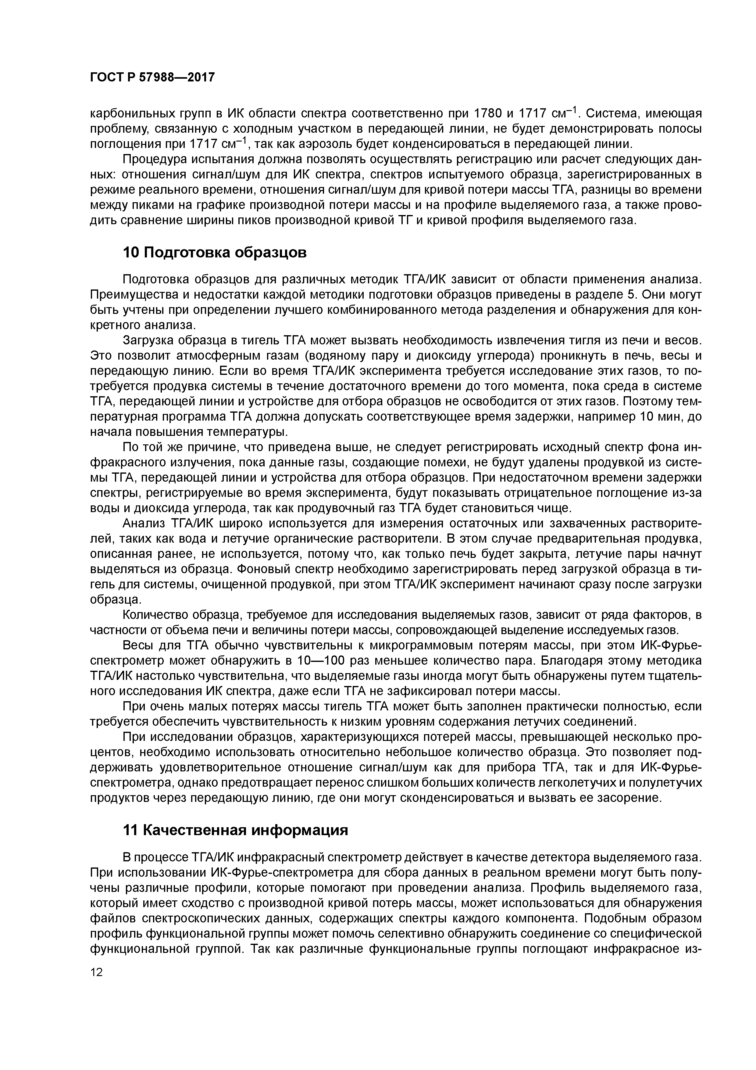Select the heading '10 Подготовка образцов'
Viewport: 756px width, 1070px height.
(215, 252)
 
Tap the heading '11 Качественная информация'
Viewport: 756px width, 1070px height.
(235, 830)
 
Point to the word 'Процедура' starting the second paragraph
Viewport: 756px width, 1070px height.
(153, 160)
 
